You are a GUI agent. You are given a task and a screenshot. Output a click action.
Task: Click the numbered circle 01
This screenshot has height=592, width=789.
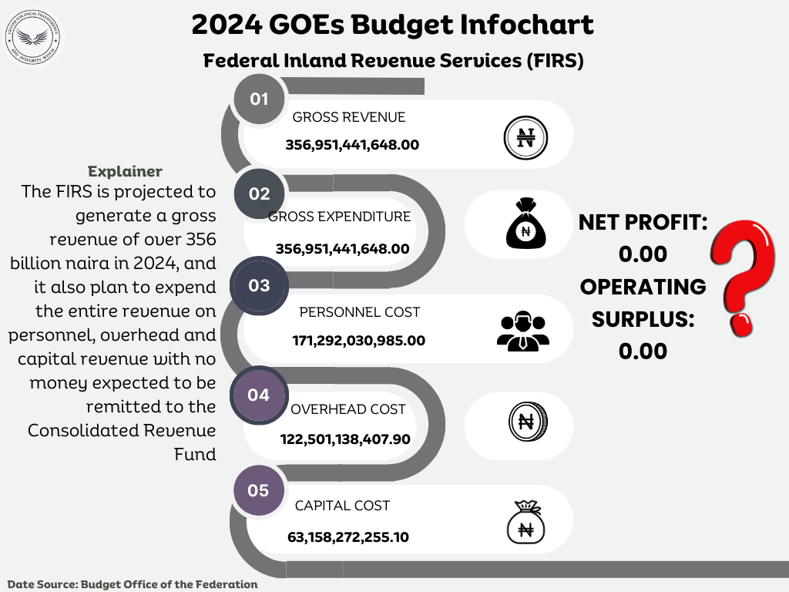(x=259, y=99)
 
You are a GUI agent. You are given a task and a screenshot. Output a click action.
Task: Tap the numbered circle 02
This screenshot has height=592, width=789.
(x=259, y=194)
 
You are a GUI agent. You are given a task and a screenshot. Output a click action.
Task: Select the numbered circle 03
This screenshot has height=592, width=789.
(x=259, y=286)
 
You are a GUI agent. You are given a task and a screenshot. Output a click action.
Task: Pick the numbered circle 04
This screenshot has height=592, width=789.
(x=259, y=395)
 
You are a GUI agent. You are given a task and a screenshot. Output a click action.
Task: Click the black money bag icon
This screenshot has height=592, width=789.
(x=525, y=224)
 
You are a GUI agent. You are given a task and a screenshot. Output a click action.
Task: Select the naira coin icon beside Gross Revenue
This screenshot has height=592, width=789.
(x=525, y=138)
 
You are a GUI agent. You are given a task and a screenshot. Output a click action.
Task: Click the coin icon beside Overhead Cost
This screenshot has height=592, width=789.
(x=528, y=422)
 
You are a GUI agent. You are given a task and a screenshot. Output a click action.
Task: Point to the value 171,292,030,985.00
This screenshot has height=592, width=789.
(x=358, y=340)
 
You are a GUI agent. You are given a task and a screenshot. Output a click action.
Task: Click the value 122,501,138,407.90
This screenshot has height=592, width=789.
(x=344, y=439)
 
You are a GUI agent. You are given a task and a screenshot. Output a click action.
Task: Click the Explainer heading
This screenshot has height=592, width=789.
(x=125, y=170)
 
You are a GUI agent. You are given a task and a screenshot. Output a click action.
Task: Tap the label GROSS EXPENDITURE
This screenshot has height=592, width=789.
(x=339, y=217)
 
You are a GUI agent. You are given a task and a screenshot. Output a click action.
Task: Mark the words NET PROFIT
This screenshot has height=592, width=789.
(x=643, y=224)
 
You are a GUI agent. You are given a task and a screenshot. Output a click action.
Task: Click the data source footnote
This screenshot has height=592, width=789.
(x=133, y=584)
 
